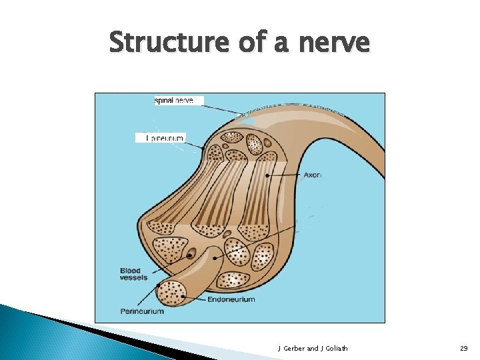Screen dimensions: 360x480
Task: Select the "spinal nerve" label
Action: (x=174, y=101)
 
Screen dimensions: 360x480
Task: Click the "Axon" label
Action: (x=313, y=175)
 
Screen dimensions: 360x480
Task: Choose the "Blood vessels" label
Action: (x=133, y=274)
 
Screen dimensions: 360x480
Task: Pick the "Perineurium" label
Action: (x=142, y=311)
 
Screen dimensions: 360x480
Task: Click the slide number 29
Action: (x=463, y=348)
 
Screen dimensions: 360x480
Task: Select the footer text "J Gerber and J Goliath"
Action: (x=312, y=348)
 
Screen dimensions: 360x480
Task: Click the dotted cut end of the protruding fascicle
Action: (x=171, y=293)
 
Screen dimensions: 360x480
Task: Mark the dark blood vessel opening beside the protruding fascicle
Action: (x=191, y=254)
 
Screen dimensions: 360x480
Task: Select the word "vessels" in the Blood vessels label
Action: (x=134, y=278)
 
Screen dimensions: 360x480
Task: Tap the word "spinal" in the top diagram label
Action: (x=164, y=101)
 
